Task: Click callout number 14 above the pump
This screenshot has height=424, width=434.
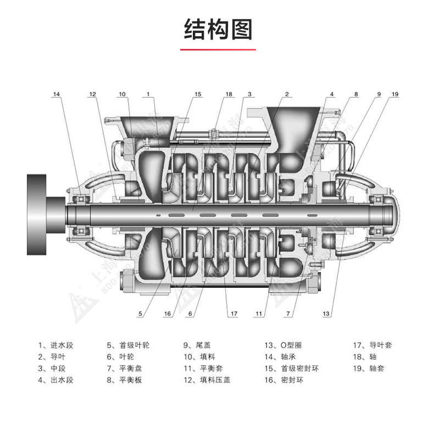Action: coord(57,94)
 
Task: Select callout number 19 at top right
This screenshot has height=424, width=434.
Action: coord(394,94)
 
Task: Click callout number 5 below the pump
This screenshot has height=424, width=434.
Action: coord(140,314)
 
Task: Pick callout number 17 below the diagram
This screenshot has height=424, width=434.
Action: coord(233,314)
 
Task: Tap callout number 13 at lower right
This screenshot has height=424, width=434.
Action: coord(327,314)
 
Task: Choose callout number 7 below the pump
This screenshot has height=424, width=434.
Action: coord(287,314)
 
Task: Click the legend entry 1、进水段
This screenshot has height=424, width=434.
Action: coord(55,345)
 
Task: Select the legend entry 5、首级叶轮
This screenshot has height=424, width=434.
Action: coord(127,345)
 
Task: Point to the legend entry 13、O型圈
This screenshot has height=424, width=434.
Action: coord(282,345)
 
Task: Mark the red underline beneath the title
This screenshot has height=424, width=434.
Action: coord(218,50)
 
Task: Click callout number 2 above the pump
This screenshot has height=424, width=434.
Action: coord(287,94)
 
